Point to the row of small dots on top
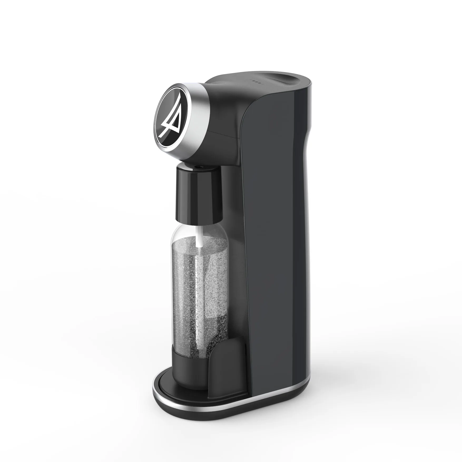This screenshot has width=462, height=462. click(255, 81)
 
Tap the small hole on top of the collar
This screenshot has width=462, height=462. click(198, 166)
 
